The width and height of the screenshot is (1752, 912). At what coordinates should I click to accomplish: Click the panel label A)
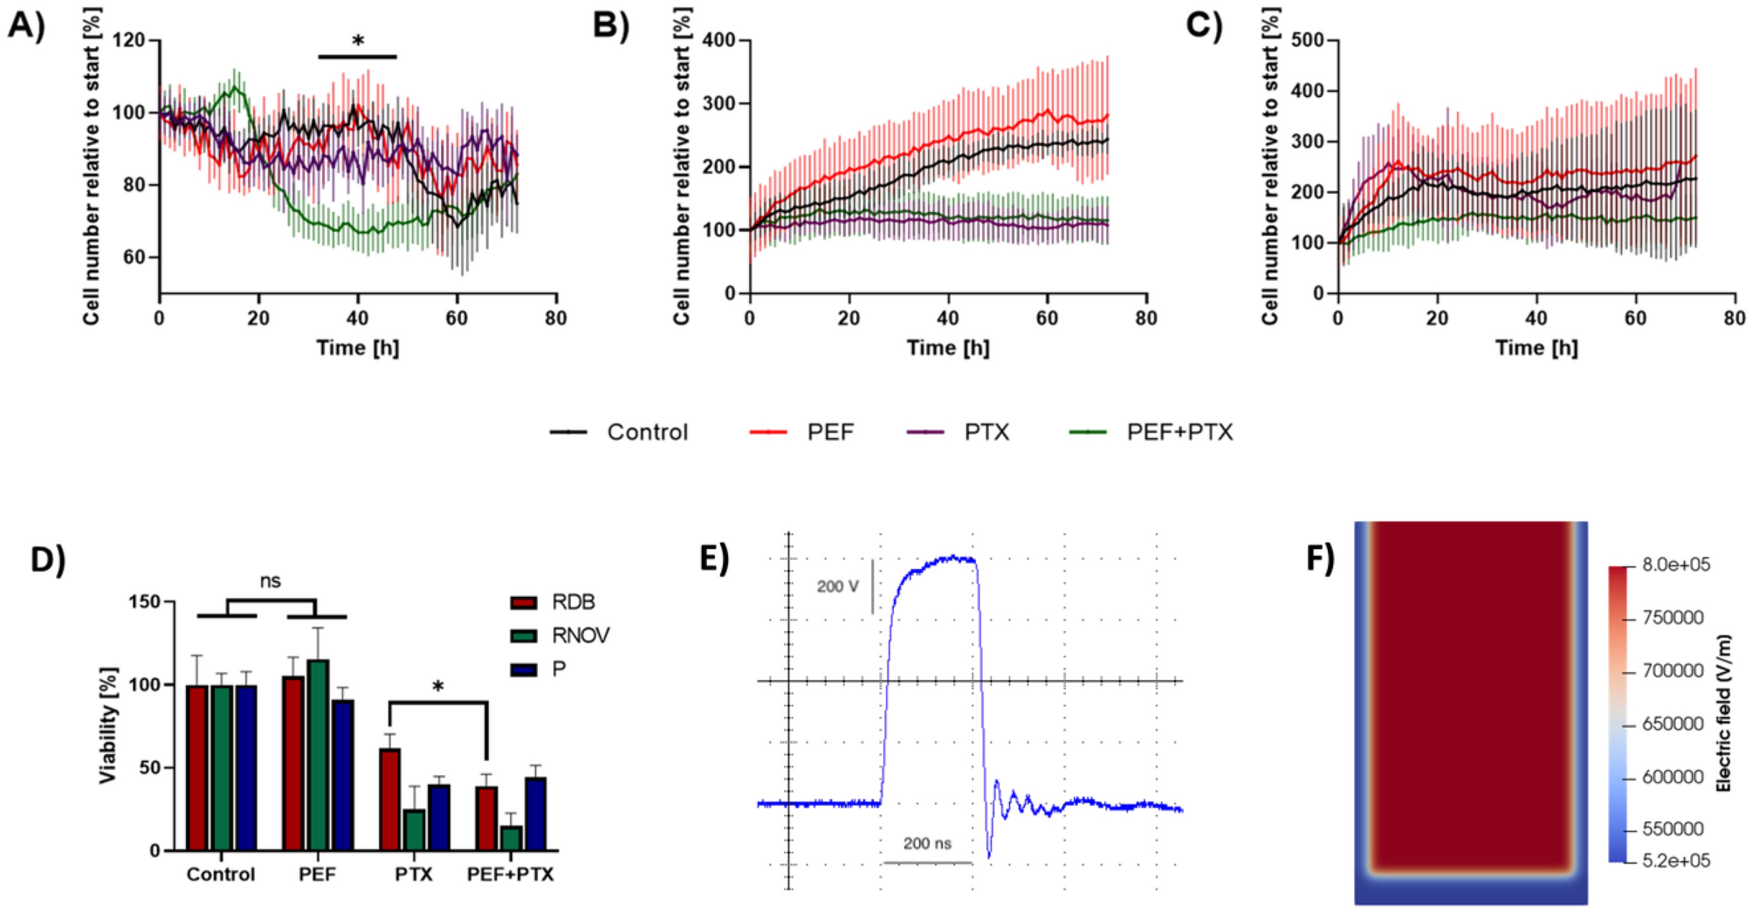(25, 25)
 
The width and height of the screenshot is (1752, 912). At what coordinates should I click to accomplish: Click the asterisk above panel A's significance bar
(358, 41)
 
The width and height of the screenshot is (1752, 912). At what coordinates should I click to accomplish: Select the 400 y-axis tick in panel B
(719, 40)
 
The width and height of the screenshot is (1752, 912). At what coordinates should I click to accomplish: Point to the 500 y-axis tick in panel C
(1307, 40)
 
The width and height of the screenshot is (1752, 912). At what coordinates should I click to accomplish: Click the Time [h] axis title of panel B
(947, 348)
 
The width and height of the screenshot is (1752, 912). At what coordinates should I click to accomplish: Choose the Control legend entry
(646, 432)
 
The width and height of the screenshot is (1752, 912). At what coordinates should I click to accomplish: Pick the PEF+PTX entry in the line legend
(1178, 432)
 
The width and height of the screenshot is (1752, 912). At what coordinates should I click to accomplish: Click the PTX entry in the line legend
(986, 432)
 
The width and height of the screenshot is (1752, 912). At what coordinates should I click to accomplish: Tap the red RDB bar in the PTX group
(390, 799)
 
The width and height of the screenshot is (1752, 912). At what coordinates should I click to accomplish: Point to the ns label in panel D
(271, 581)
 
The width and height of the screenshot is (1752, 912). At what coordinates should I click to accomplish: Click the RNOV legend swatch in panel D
(524, 636)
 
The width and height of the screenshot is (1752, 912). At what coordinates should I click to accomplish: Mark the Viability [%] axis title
(107, 725)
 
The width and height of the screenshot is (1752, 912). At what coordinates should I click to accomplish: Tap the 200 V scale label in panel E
(837, 586)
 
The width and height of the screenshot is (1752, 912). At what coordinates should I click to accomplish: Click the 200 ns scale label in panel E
(927, 843)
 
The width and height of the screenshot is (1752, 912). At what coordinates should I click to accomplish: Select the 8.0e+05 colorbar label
(1675, 565)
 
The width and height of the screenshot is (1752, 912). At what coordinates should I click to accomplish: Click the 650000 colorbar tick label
(1672, 724)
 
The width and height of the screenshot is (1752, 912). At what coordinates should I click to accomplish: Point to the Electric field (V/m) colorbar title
(1723, 712)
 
